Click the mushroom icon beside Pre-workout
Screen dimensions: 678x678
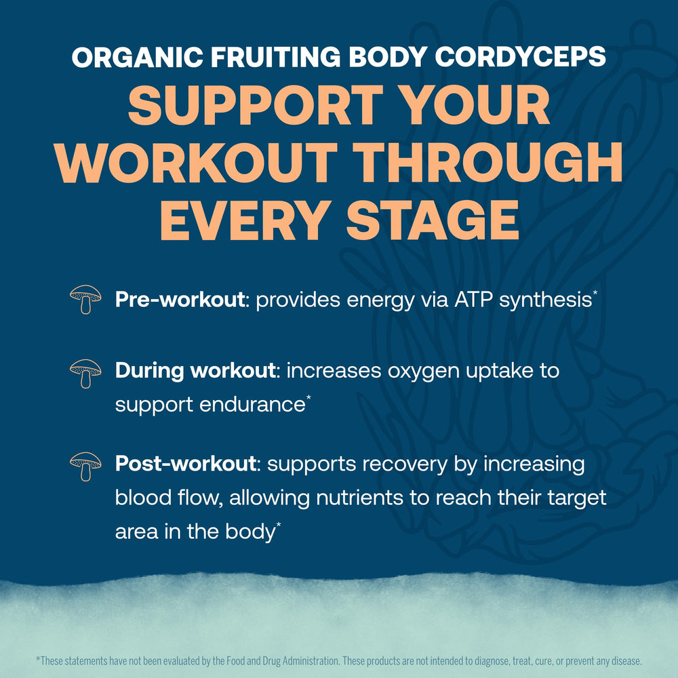click(x=85, y=299)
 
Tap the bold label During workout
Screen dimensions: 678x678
click(x=195, y=372)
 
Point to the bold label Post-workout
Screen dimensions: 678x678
click(x=185, y=464)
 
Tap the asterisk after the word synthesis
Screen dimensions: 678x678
click(x=595, y=294)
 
